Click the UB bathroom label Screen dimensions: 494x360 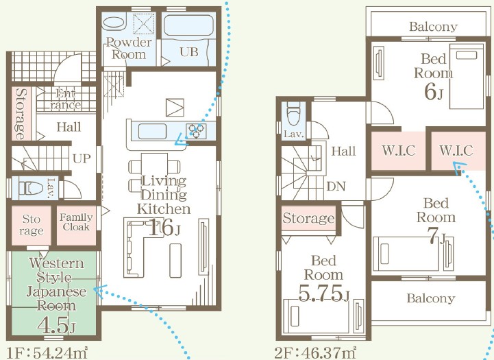(x=189, y=51)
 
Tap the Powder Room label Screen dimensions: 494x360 (x=129, y=48)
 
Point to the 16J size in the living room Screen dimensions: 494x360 (x=164, y=227)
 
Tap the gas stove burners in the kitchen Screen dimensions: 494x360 (x=196, y=131)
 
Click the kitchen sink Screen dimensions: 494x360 (x=152, y=132)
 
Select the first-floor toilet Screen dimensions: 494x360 (x=30, y=189)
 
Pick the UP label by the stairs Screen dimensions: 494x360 (x=82, y=158)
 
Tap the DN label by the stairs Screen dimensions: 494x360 (x=336, y=187)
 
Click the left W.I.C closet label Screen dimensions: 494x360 (x=399, y=150)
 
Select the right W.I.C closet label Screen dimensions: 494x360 (x=456, y=150)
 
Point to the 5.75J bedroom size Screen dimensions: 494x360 (x=323, y=293)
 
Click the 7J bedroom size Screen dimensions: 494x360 (x=436, y=236)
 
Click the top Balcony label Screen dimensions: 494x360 (x=433, y=27)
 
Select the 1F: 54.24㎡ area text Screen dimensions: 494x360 (x=47, y=352)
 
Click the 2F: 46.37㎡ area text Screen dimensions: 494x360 (x=315, y=352)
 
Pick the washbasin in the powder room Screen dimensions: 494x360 (x=114, y=22)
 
